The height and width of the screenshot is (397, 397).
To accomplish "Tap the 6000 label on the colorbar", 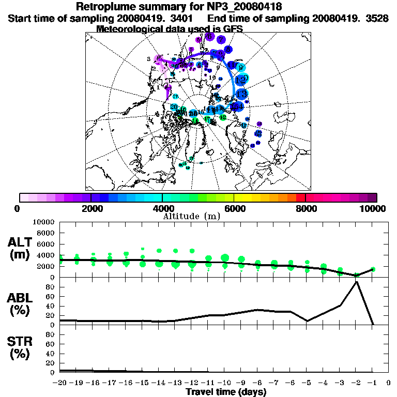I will (234, 208).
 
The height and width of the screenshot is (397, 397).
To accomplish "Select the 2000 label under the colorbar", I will (90, 208).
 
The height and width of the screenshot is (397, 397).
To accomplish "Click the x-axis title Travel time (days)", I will (225, 392).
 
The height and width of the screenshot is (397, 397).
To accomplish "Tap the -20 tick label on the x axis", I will (60, 383).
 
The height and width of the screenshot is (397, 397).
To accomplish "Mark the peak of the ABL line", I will (356, 282).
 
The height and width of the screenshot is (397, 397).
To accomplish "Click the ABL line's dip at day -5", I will (307, 321).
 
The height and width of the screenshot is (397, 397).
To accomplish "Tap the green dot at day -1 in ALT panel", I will (373, 269).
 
